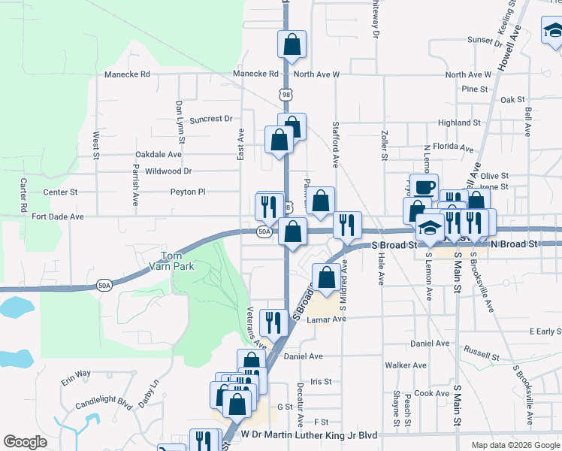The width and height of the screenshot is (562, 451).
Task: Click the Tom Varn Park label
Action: (x=175, y=261)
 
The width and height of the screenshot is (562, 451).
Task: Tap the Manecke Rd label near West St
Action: (x=128, y=74)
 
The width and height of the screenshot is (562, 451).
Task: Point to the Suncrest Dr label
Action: (x=211, y=119)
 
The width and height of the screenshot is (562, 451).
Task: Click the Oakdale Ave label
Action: (x=159, y=154)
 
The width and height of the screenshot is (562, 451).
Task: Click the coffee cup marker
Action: (x=424, y=186)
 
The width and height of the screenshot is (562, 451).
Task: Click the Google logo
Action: (x=25, y=442)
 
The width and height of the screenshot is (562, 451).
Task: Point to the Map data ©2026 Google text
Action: (x=515, y=445)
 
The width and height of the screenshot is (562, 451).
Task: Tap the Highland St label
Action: (x=458, y=123)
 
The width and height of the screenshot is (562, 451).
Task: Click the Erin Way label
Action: (x=76, y=374)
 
